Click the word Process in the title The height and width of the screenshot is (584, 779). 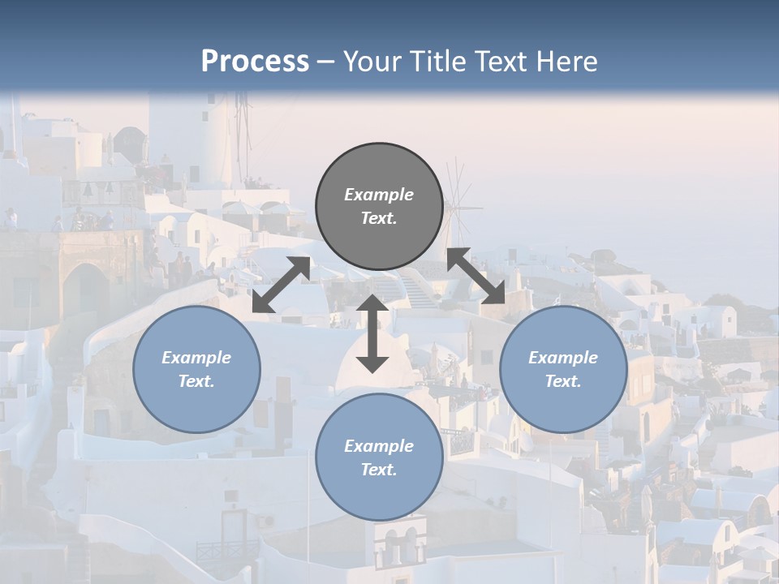tap(255, 62)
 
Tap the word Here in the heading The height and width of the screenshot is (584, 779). tap(565, 62)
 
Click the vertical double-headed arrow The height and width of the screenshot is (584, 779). tap(372, 333)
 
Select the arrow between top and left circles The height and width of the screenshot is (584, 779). tap(281, 285)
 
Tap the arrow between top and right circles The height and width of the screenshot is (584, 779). tap(476, 276)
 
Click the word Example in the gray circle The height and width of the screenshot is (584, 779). tap(379, 195)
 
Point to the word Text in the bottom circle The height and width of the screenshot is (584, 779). tap(379, 470)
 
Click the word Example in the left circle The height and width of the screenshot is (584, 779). tap(196, 358)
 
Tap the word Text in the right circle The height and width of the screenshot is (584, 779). tap(563, 381)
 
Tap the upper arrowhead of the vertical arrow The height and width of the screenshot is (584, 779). tap(372, 305)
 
